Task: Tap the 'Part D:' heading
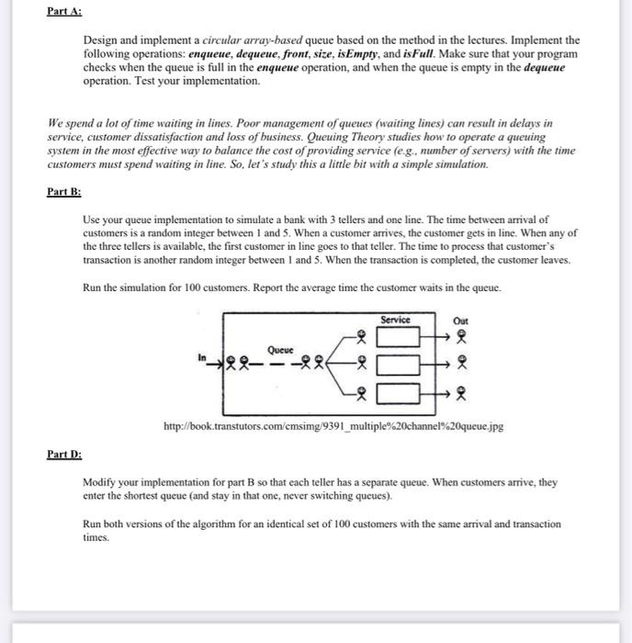click(x=63, y=454)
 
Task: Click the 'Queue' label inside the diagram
click(x=280, y=349)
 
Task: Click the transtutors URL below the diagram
click(x=333, y=427)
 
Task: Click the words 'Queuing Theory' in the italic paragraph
click(x=351, y=136)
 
